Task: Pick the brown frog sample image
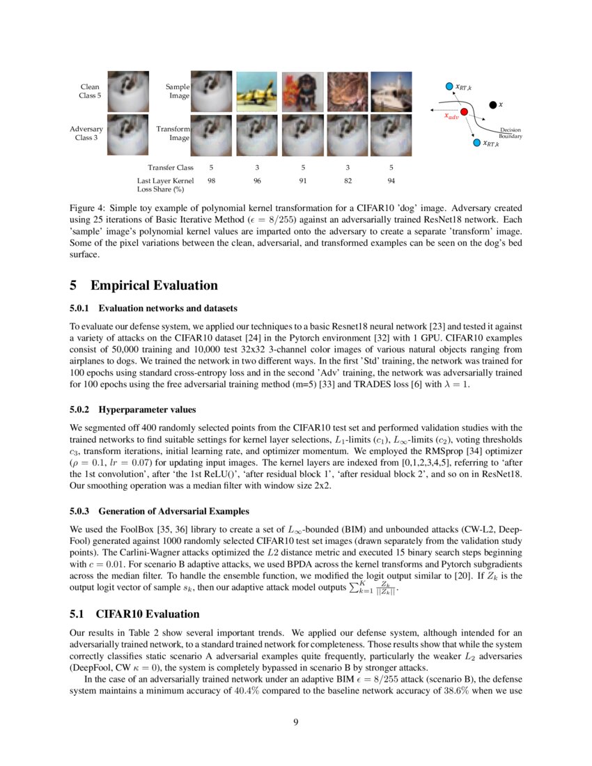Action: tap(347, 91)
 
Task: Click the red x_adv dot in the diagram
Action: tap(465, 111)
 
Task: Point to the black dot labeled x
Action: tap(493, 104)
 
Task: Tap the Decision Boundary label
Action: tap(511, 134)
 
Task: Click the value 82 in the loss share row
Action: tap(347, 180)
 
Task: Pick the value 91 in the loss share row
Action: tap(302, 180)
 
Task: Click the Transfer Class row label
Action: tap(170, 167)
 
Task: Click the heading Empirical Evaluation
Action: tap(154, 286)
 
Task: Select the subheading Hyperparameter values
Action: tap(147, 410)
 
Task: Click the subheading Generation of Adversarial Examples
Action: tap(169, 493)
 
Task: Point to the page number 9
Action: tap(296, 721)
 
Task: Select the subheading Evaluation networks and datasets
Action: tap(167, 308)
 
